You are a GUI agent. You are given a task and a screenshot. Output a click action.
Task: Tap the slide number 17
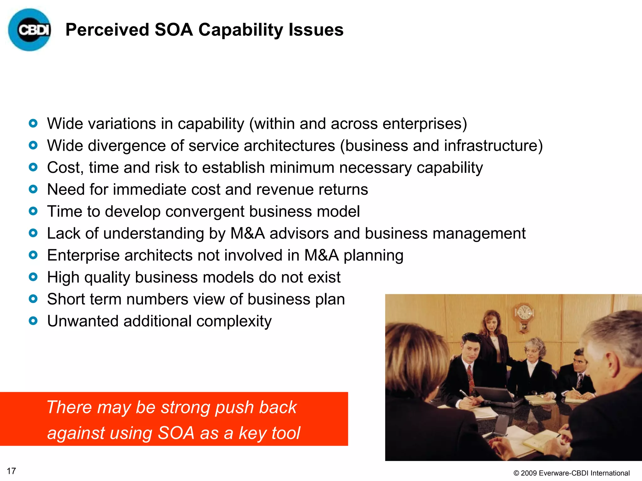(x=11, y=471)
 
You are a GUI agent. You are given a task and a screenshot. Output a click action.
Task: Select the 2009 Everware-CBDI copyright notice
(x=571, y=473)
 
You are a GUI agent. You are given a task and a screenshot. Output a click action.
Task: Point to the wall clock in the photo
(x=523, y=315)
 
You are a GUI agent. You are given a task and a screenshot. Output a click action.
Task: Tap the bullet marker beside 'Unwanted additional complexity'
(x=33, y=321)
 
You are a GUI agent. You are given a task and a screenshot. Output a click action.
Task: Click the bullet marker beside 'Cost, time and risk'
(x=33, y=168)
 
